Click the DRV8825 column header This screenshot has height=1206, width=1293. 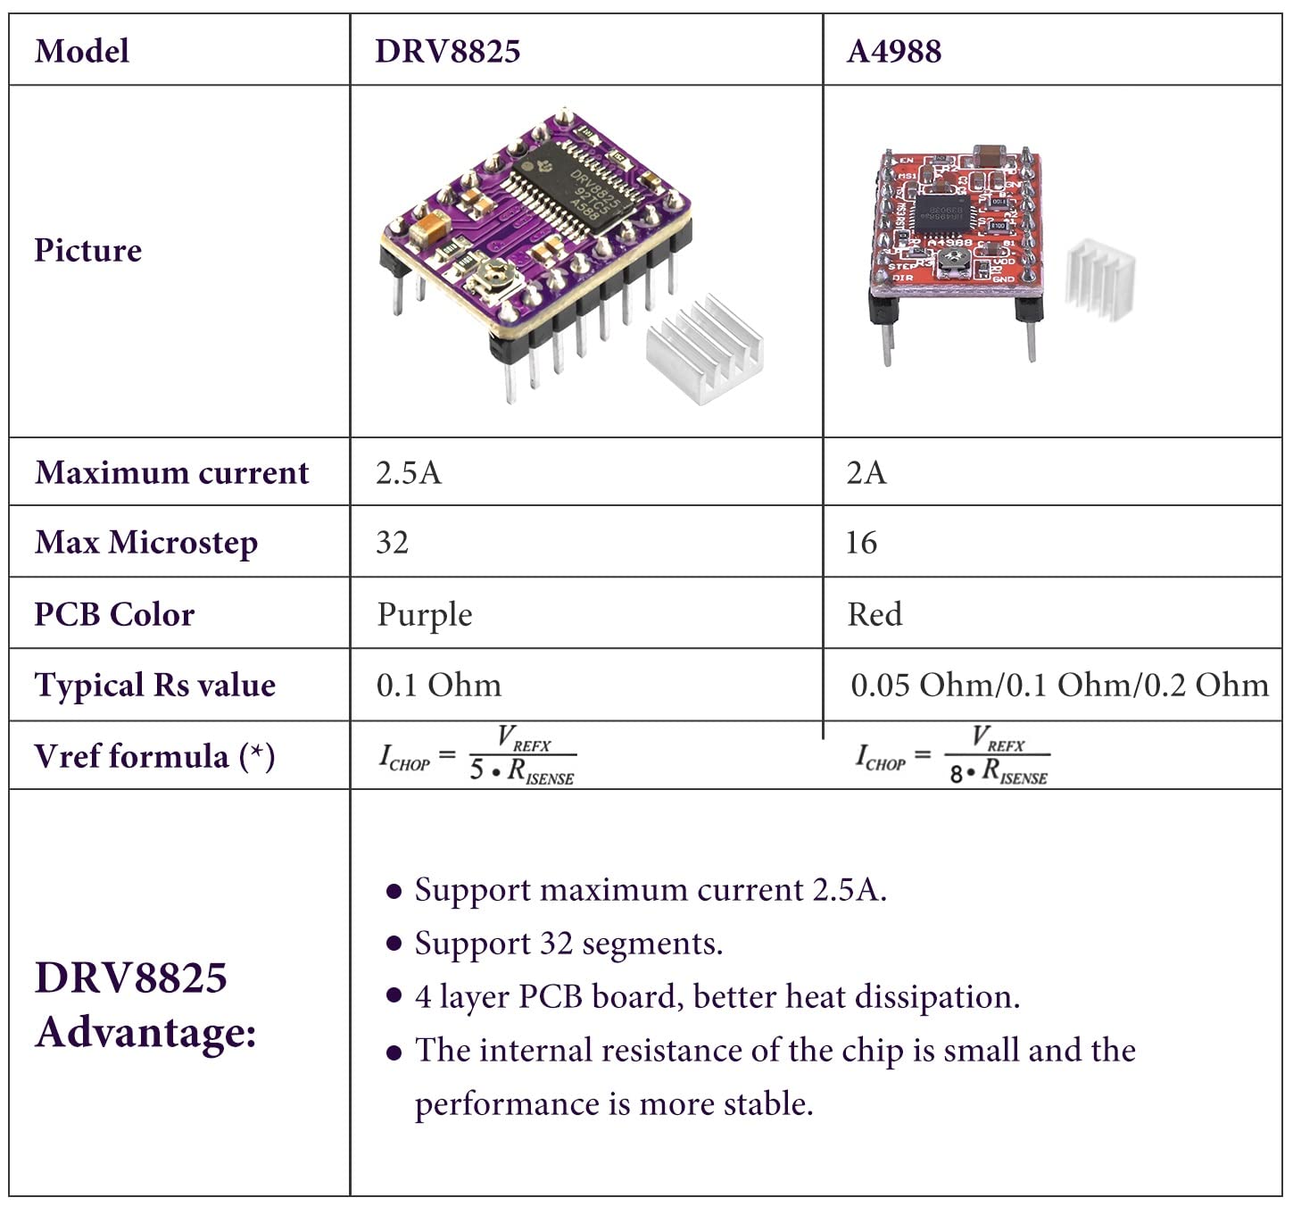(x=447, y=51)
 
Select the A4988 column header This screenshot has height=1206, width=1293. (x=893, y=51)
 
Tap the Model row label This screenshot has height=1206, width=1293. (x=81, y=51)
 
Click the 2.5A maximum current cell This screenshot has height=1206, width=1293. (x=409, y=472)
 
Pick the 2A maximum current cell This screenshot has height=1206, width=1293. (x=866, y=472)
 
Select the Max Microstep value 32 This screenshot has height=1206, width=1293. (x=393, y=543)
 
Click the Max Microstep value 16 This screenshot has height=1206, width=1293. (x=861, y=543)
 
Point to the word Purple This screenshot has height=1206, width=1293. (x=425, y=615)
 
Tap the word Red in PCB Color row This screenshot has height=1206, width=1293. (x=874, y=614)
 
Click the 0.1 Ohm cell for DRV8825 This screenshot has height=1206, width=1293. (x=438, y=686)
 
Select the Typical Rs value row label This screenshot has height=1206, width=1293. (x=154, y=686)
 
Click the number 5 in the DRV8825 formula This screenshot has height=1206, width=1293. (x=477, y=770)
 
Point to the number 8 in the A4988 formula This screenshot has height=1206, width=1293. (x=957, y=773)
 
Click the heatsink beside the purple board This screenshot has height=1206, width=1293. (x=705, y=348)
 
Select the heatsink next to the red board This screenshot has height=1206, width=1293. (x=1101, y=279)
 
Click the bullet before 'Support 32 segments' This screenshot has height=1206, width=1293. (x=394, y=944)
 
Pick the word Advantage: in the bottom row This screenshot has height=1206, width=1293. (x=145, y=1033)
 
